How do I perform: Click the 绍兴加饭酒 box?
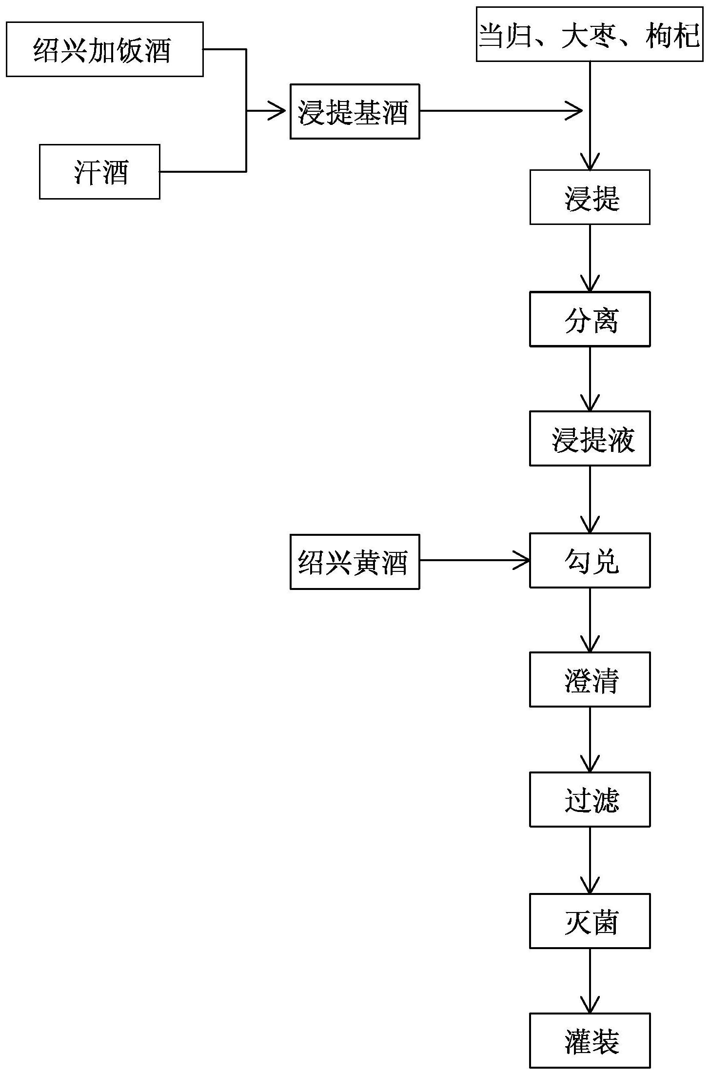pos(104,49)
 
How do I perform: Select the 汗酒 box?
pos(99,172)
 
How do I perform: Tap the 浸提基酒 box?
pos(355,111)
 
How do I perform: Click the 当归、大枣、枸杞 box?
pos(590,34)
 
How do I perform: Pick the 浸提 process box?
pos(590,197)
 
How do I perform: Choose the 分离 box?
pos(590,319)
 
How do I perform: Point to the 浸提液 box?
pos(590,438)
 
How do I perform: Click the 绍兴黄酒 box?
pos(355,562)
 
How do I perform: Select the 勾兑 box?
pos(590,560)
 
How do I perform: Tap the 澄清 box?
pos(590,679)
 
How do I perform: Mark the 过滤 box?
pos(590,799)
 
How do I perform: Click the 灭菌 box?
pos(590,921)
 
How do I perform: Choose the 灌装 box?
pos(590,1040)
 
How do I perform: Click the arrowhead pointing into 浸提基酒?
pos(279,111)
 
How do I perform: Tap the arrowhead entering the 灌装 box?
pos(590,1006)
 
